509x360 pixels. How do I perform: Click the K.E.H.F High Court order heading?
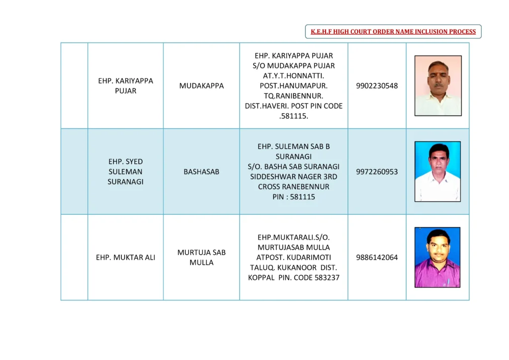[x=393, y=32]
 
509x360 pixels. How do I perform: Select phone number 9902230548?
[x=377, y=86]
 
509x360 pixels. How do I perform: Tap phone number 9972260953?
[x=377, y=172]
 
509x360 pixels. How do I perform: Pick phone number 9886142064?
[x=377, y=258]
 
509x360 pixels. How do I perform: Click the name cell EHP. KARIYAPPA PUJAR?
[x=125, y=86]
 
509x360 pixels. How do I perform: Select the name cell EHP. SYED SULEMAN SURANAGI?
[x=125, y=172]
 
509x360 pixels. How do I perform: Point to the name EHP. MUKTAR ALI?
[x=125, y=258]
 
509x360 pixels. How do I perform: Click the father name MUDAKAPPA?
[x=201, y=86]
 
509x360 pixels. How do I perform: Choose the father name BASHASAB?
[x=201, y=172]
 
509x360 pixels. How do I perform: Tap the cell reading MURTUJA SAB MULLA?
[x=201, y=258]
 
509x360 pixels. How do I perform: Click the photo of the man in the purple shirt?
[x=437, y=258]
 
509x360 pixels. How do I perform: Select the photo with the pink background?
[x=438, y=86]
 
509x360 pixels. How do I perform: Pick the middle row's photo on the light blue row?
[x=437, y=172]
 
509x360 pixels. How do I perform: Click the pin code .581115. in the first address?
[x=294, y=116]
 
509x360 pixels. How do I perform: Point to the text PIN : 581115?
[x=294, y=197]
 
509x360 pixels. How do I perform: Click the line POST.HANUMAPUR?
[x=294, y=86]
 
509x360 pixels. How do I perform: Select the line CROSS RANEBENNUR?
[x=294, y=187]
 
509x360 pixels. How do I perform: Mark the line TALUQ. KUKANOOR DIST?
[x=294, y=268]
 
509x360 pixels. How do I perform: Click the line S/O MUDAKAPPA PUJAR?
[x=294, y=66]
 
